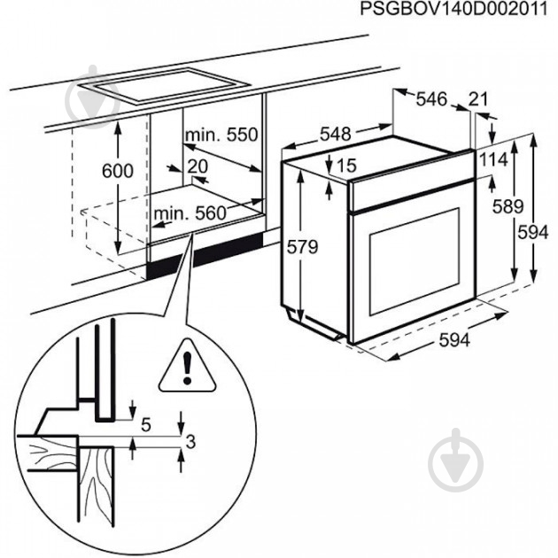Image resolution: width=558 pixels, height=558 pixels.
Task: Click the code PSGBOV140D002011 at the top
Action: tap(458, 10)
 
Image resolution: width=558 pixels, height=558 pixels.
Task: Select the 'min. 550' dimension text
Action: tap(220, 136)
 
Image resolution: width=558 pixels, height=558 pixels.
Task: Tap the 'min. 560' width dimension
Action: tap(189, 213)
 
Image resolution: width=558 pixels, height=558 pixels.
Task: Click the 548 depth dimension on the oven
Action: tap(336, 134)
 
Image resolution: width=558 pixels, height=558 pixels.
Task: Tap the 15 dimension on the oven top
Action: tap(345, 166)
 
